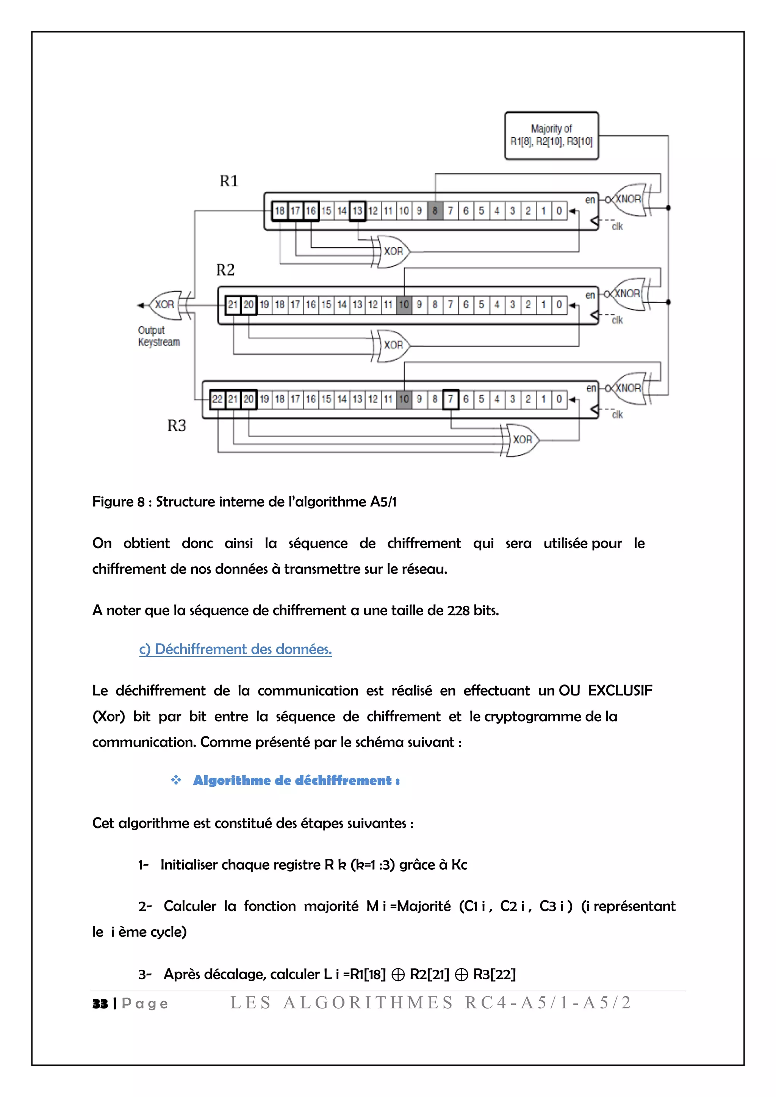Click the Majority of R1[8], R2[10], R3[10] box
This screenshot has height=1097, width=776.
tap(551, 136)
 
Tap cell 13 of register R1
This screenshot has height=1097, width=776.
tap(357, 211)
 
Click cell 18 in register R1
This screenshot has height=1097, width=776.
tap(280, 211)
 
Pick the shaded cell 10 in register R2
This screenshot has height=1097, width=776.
tap(404, 304)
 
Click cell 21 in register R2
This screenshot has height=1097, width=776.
tap(233, 304)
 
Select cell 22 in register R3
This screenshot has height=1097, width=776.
tap(217, 399)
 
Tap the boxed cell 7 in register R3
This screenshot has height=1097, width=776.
tap(450, 399)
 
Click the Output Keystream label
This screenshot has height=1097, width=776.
tap(159, 336)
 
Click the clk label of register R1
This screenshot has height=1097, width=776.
tap(617, 227)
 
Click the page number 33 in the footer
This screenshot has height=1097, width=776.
tap(100, 1003)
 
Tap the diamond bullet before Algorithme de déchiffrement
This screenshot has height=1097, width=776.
tap(176, 780)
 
